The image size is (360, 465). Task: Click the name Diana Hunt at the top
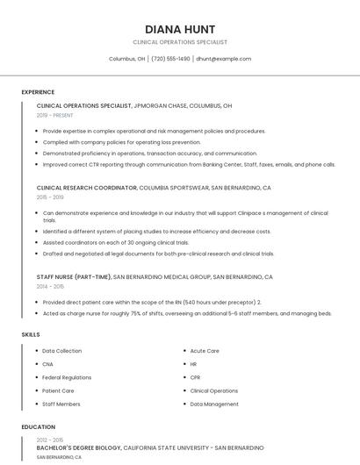[x=180, y=29]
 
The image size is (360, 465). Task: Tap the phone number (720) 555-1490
[x=170, y=59]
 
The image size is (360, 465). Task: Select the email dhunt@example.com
[x=223, y=59]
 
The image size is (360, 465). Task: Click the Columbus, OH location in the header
[x=126, y=59]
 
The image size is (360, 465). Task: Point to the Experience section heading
[x=38, y=92]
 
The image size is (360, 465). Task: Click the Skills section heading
[x=30, y=334]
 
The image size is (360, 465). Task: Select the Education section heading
[x=38, y=427]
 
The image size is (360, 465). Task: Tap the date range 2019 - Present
[x=54, y=115]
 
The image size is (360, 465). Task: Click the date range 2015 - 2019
[x=50, y=197]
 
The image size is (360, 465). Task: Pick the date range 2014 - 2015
[x=50, y=286]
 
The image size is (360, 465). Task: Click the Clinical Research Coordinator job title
[x=87, y=188]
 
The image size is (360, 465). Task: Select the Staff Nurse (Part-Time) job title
[x=74, y=276]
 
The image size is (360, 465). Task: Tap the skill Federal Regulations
[x=67, y=377]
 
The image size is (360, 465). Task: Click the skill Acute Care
[x=205, y=351]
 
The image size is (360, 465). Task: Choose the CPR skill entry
[x=196, y=377]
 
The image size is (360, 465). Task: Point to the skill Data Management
[x=214, y=404]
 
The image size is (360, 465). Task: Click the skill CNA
[x=48, y=364]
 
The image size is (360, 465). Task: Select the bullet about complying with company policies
[x=121, y=141]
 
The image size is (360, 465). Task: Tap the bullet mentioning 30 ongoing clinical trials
[x=116, y=242]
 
